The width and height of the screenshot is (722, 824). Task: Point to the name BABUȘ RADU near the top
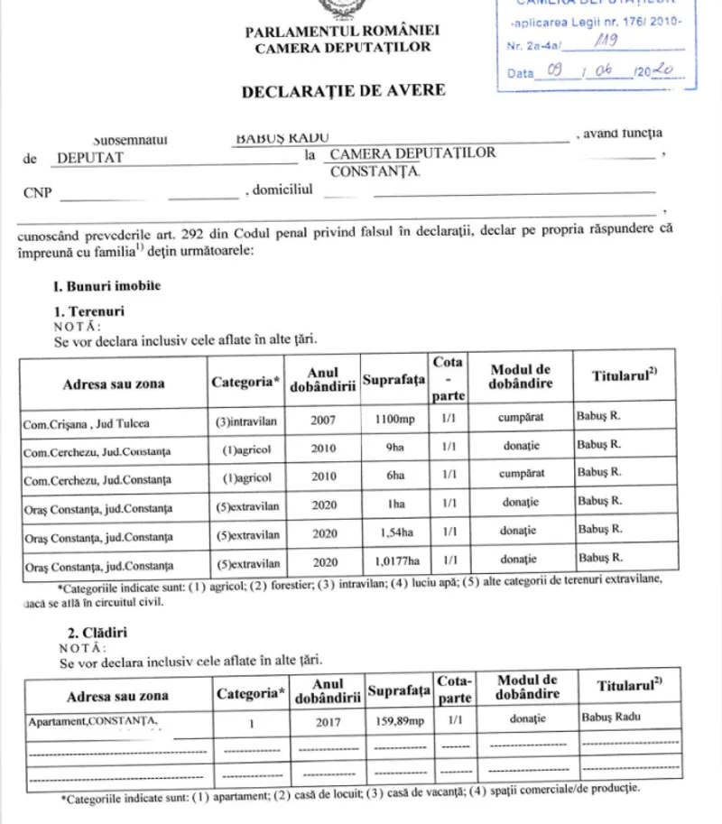pyautogui.click(x=281, y=136)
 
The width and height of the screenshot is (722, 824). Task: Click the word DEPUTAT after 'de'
pyautogui.click(x=90, y=157)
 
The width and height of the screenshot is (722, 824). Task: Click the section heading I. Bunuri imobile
pyautogui.click(x=106, y=286)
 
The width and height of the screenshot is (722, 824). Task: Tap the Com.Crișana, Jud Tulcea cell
pyautogui.click(x=87, y=422)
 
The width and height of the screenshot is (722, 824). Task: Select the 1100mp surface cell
pyautogui.click(x=393, y=421)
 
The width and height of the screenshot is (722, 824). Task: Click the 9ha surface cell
pyautogui.click(x=394, y=449)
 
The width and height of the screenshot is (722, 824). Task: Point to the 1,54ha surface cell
pyautogui.click(x=394, y=533)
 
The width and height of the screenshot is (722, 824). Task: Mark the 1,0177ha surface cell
pyautogui.click(x=394, y=562)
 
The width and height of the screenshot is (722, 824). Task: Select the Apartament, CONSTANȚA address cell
pyautogui.click(x=94, y=721)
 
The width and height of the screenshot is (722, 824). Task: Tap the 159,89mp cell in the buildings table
pyautogui.click(x=398, y=722)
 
